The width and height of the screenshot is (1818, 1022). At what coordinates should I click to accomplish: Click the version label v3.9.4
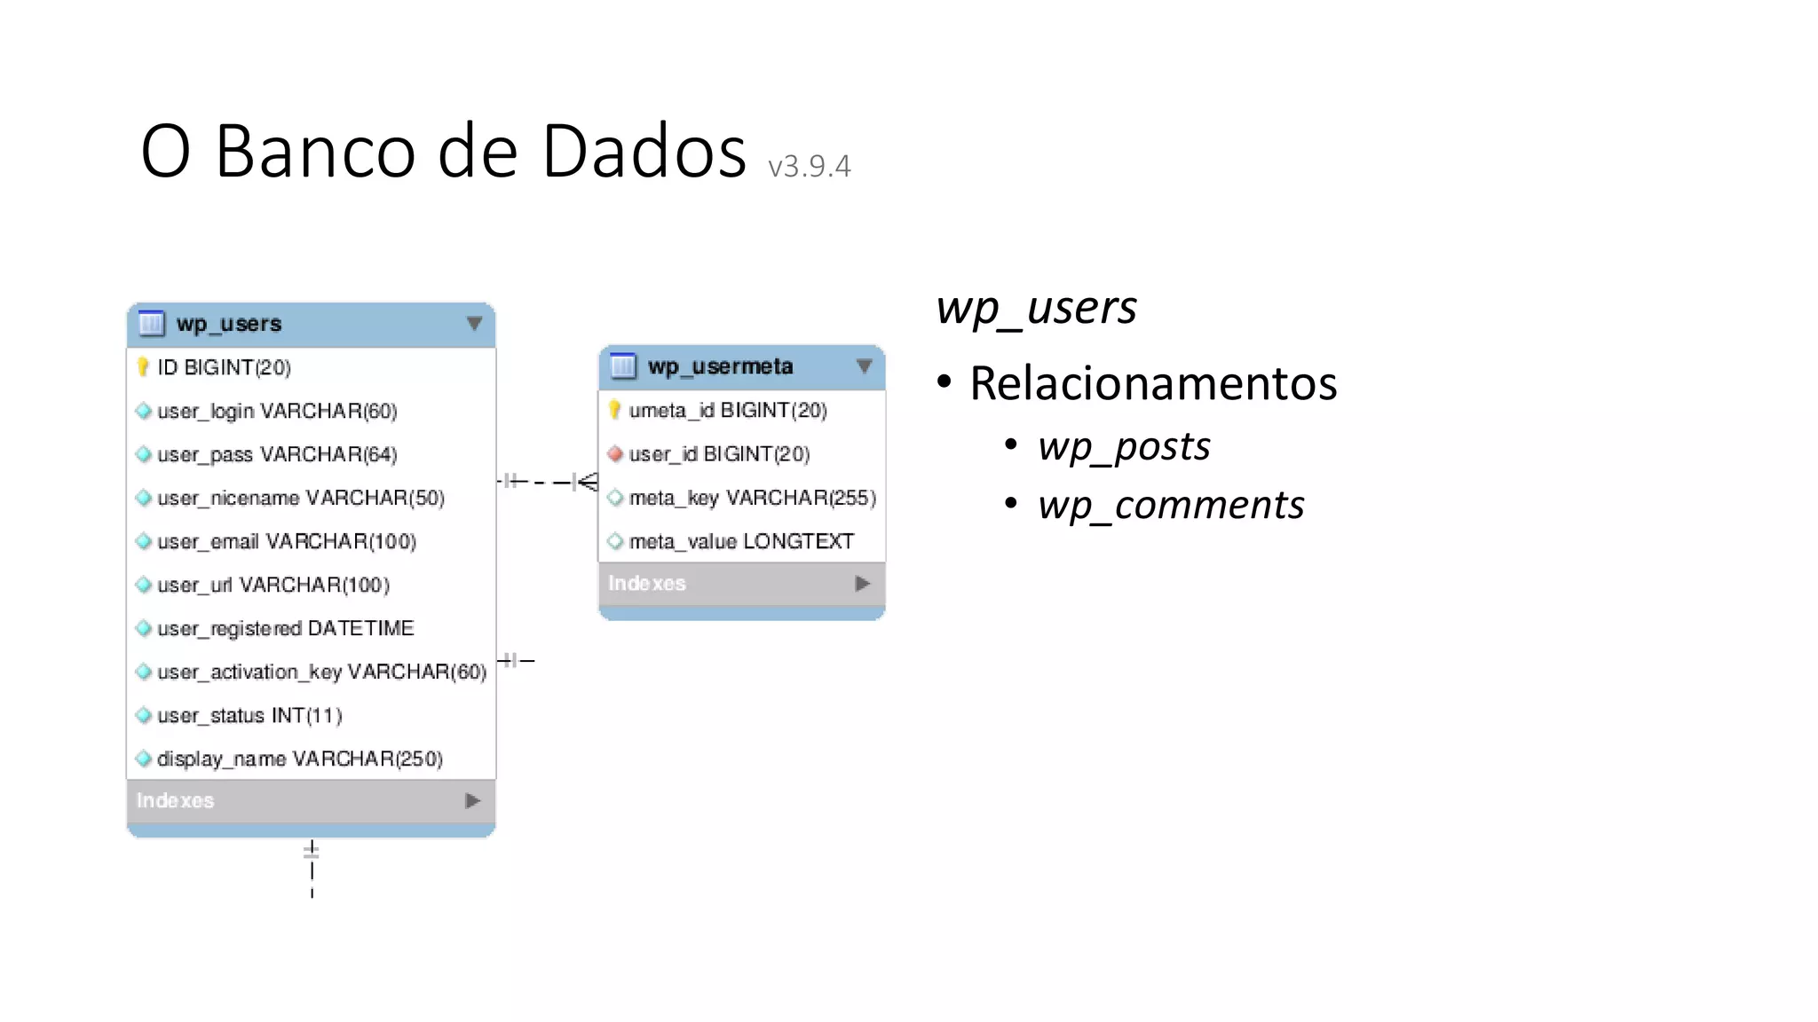(809, 167)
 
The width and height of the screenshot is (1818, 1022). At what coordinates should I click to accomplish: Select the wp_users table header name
(228, 324)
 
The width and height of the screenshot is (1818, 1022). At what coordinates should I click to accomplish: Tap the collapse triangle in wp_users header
(474, 324)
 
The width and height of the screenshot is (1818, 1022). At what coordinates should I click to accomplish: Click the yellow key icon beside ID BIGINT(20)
(143, 367)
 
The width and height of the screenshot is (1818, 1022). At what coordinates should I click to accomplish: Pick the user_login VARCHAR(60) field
(276, 411)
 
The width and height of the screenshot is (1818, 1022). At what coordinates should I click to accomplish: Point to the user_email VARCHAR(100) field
(286, 541)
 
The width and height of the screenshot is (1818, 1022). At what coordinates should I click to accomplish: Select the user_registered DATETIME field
(285, 628)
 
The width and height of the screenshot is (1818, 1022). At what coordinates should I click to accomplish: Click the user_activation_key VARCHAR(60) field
(321, 672)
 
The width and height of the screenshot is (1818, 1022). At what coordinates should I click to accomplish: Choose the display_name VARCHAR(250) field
(299, 759)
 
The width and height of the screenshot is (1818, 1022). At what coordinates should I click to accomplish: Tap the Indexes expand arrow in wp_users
(472, 801)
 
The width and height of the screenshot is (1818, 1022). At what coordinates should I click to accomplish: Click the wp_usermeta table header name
(720, 366)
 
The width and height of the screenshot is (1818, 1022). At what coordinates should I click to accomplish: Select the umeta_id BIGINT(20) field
(727, 410)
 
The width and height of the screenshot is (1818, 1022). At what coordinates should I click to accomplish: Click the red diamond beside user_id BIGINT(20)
(614, 454)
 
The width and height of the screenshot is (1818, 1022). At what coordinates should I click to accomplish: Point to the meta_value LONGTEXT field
(740, 541)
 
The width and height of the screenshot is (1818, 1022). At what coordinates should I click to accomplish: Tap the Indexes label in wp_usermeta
(646, 584)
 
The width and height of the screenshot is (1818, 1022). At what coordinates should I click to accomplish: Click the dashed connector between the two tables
(547, 482)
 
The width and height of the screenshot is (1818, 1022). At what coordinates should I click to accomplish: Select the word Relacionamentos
(1152, 383)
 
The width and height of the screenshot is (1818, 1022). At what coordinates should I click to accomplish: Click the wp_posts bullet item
(1124, 446)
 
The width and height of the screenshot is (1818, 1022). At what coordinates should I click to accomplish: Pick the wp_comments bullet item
(1171, 505)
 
